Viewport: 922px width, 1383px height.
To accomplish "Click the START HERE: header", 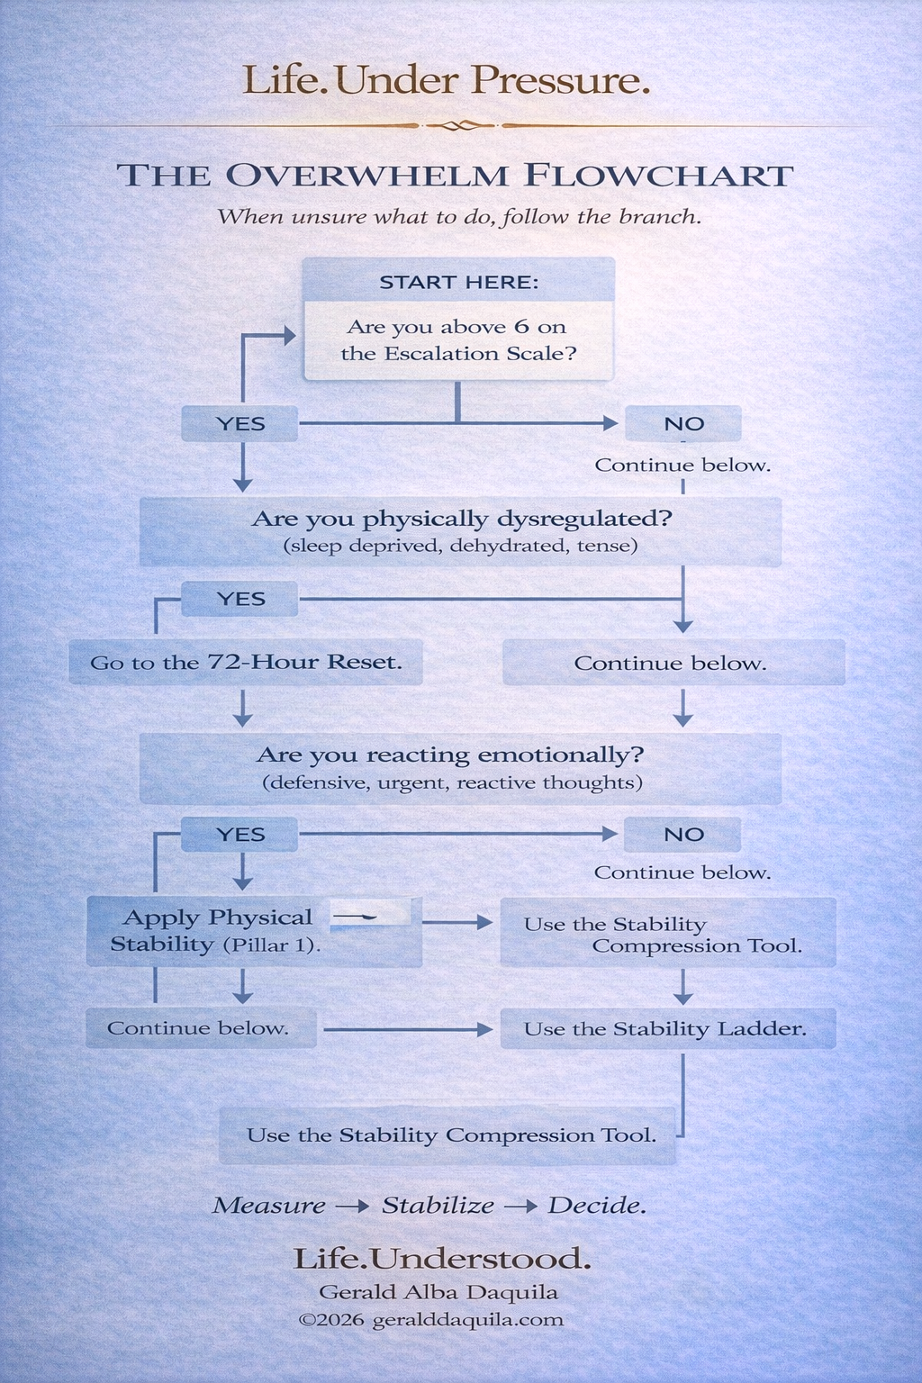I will [458, 282].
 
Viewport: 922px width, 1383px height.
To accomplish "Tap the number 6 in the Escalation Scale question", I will [521, 327].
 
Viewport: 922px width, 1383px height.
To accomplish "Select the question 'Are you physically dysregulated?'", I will [461, 519].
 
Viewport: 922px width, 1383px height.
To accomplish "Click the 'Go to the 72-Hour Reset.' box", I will [246, 663].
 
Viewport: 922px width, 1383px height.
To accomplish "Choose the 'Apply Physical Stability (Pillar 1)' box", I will [216, 931].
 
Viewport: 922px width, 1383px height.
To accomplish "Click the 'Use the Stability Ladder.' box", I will [666, 1029].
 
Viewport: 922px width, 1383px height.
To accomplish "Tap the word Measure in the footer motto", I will [268, 1206].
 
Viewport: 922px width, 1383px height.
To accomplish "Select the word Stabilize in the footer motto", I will [438, 1206].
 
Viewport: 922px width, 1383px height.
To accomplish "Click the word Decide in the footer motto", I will [596, 1206].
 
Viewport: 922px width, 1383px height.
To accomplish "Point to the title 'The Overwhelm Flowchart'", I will [455, 176].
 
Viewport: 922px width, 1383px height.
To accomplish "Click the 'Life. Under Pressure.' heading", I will [447, 80].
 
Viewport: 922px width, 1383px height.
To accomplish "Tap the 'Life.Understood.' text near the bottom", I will [442, 1259].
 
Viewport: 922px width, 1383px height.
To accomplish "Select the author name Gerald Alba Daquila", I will [438, 1292].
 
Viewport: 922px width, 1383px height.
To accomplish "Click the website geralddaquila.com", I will [467, 1320].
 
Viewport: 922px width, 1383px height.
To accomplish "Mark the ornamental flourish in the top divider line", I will [459, 125].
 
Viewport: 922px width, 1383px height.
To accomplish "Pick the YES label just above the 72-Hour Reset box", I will [240, 599].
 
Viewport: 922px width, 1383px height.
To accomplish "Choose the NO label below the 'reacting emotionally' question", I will [682, 835].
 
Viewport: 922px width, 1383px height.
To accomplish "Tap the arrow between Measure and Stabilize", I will [352, 1207].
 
